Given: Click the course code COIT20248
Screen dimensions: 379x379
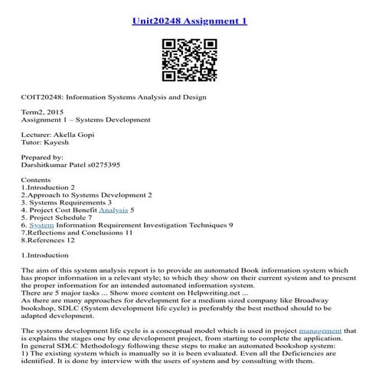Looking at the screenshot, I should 45,97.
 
